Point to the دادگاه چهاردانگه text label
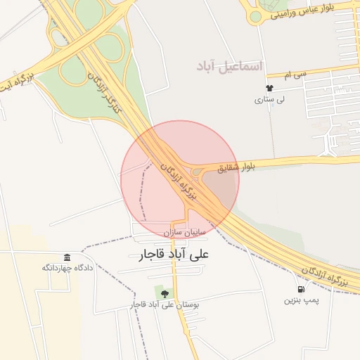tap(67, 268)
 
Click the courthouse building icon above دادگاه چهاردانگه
tap(67, 257)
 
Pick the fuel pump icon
tap(301, 289)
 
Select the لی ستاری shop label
tap(269, 100)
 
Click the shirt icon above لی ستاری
tap(269, 89)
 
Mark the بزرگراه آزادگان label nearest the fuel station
tap(323, 273)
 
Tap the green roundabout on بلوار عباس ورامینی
tap(256, 15)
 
